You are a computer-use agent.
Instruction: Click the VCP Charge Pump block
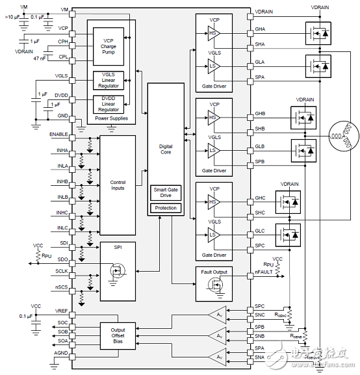tap(108, 47)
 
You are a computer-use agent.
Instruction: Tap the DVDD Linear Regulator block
tap(108, 103)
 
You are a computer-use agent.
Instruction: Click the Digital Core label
tap(166, 149)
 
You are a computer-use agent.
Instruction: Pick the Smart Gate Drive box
tap(166, 194)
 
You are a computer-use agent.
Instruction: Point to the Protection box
tap(166, 208)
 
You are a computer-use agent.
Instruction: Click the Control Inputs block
tap(117, 185)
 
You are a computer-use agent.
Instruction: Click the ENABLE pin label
tap(59, 134)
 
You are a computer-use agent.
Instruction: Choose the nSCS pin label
tap(62, 287)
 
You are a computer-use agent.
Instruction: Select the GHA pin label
tap(260, 29)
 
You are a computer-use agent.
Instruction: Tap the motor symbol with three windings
tap(341, 138)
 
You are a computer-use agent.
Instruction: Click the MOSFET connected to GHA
tap(319, 32)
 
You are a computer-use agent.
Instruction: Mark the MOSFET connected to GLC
tap(287, 233)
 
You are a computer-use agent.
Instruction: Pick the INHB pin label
tap(62, 181)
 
